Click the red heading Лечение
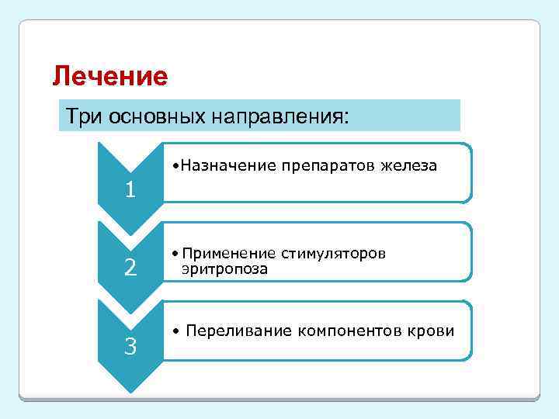pyautogui.click(x=109, y=77)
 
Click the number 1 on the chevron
pyautogui.click(x=131, y=189)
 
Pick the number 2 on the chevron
pyautogui.click(x=131, y=268)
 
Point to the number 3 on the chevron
pyautogui.click(x=131, y=347)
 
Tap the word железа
pyautogui.click(x=409, y=165)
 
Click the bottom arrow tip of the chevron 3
pyautogui.click(x=131, y=390)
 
